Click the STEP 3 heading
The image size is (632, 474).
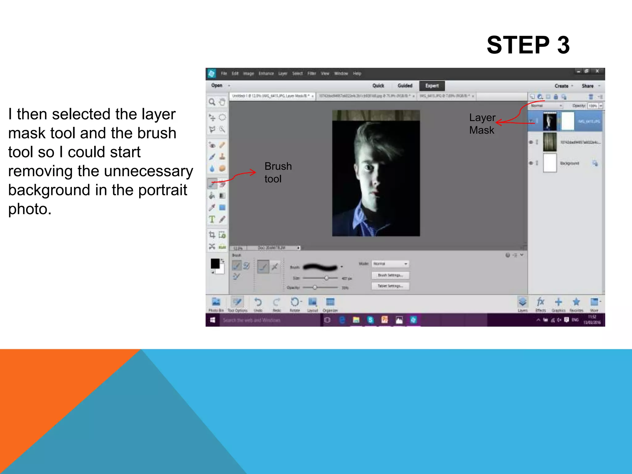click(x=528, y=45)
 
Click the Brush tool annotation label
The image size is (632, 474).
click(x=278, y=173)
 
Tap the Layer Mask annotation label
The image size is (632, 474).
click(x=482, y=124)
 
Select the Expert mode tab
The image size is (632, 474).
click(x=432, y=86)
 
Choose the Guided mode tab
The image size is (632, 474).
click(x=405, y=86)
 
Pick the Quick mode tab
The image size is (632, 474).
click(x=378, y=86)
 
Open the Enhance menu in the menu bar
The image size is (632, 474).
click(x=266, y=73)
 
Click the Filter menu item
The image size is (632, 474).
click(x=312, y=73)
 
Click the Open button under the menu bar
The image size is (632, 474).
click(x=217, y=85)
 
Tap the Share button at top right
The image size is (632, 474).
click(x=588, y=86)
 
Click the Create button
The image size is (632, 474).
click(x=561, y=86)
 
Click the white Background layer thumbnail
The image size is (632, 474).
click(x=550, y=163)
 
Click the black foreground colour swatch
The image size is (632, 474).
click(x=215, y=264)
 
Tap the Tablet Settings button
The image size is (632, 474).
click(x=390, y=286)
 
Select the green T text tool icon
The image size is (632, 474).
click(x=212, y=219)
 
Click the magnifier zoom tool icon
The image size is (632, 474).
click(x=212, y=102)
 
